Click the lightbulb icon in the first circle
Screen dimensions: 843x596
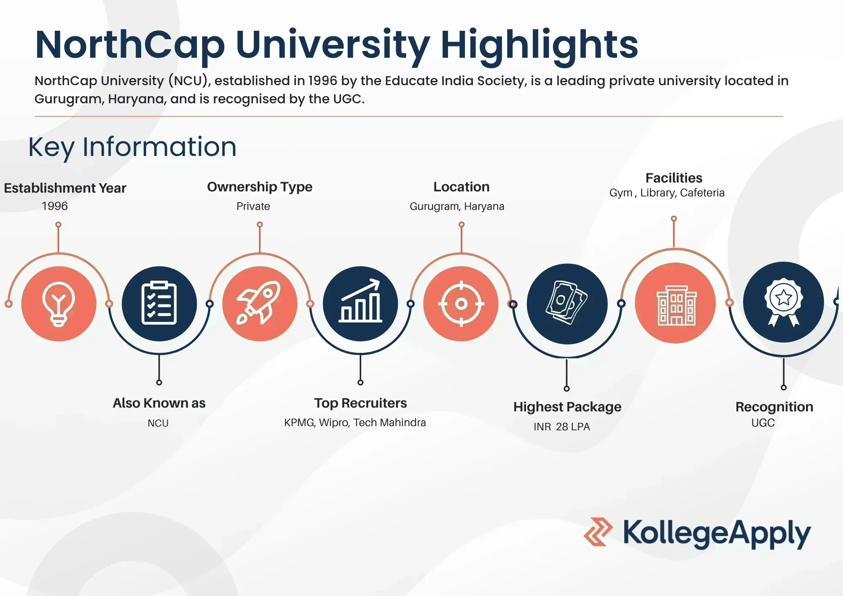click(x=59, y=303)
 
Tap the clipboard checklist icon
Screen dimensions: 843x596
click(x=159, y=303)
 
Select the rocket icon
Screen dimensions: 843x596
click(x=258, y=303)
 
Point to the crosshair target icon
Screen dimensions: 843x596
click(x=461, y=303)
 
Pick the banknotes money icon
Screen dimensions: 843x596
click(x=566, y=303)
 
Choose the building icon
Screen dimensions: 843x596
click(x=677, y=305)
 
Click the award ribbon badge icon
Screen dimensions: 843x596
click(x=784, y=302)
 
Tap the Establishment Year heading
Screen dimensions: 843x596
click(x=65, y=188)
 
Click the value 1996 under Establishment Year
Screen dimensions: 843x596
click(x=55, y=206)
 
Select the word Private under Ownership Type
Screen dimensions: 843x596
click(x=253, y=206)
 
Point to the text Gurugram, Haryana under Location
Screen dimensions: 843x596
click(x=457, y=207)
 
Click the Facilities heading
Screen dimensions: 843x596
click(x=674, y=178)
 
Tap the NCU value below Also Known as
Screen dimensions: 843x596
click(x=158, y=423)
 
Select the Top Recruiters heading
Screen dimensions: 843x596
click(x=360, y=403)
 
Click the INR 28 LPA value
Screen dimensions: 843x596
click(x=562, y=427)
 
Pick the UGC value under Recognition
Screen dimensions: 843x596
click(x=763, y=423)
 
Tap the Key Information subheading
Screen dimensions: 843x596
click(x=132, y=148)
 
